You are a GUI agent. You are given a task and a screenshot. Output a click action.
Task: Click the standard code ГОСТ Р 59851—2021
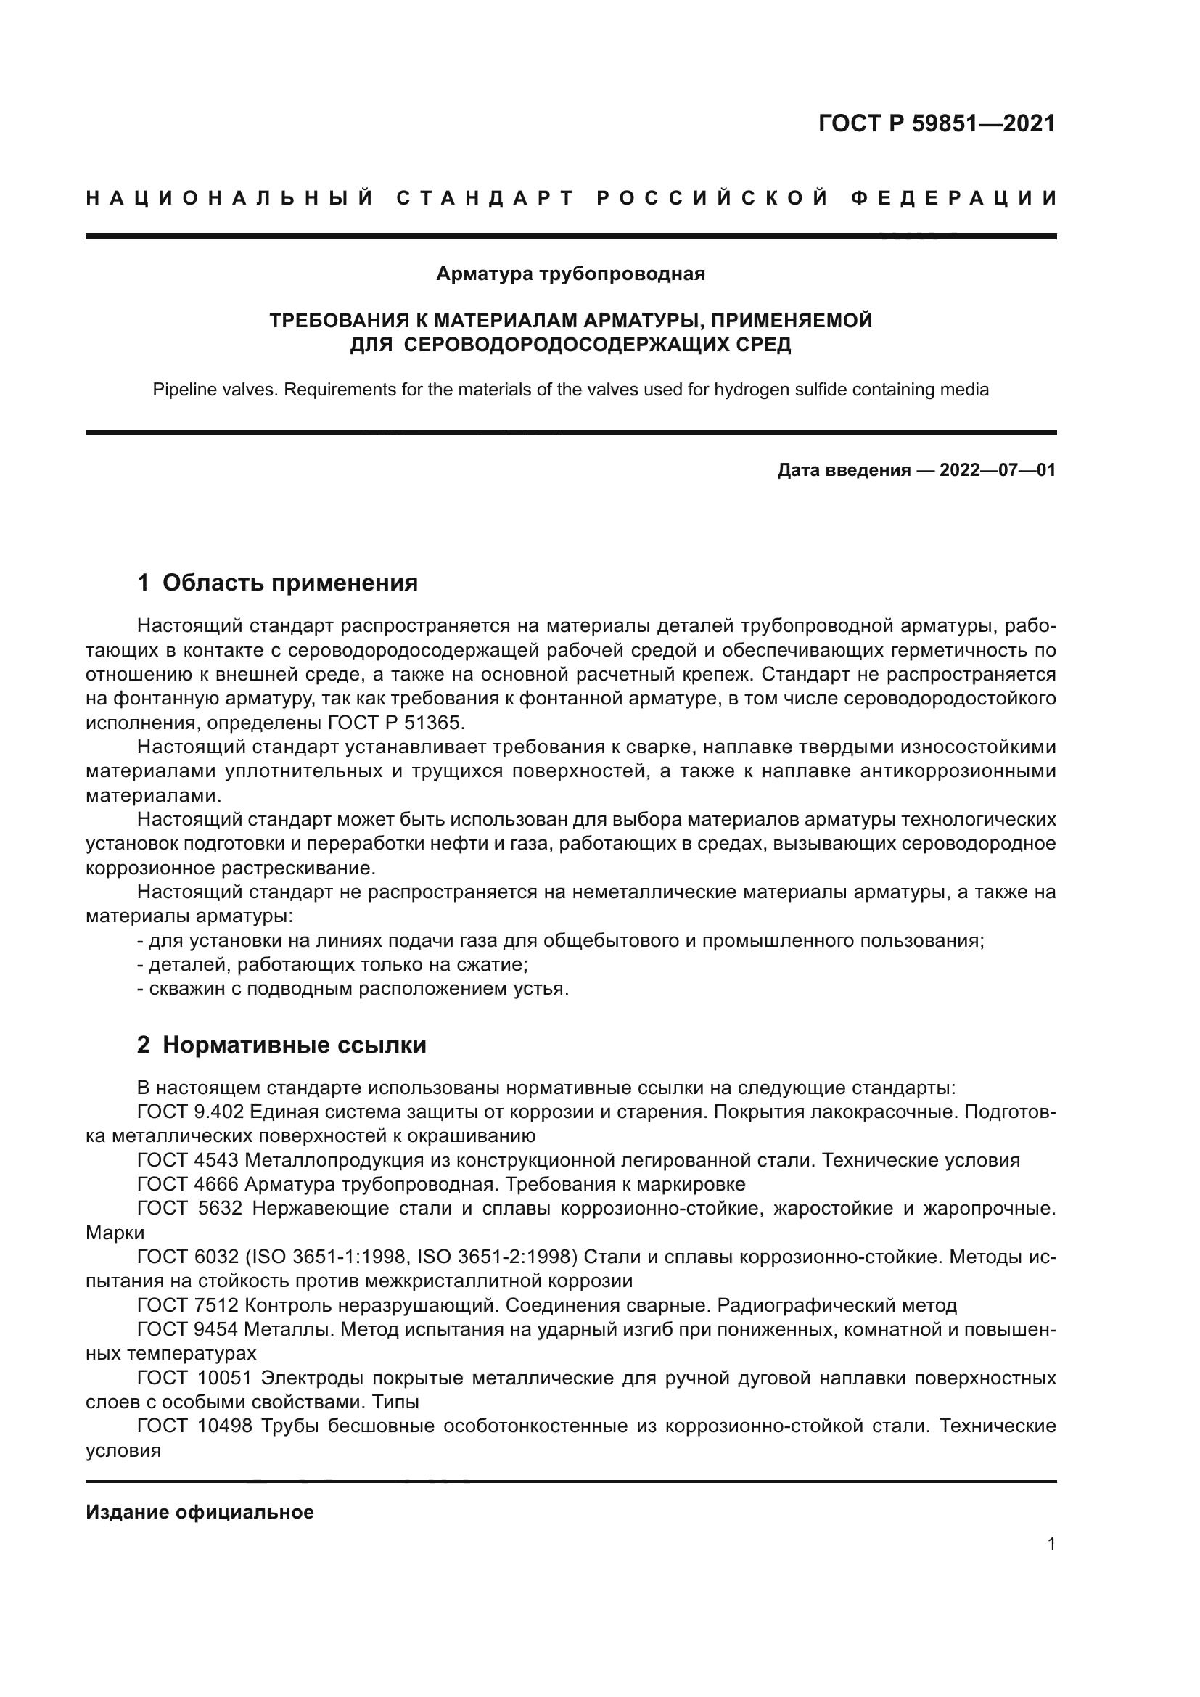point(936,123)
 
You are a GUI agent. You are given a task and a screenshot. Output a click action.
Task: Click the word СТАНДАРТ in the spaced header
point(485,198)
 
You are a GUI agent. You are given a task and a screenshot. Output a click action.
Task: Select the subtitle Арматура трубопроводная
point(570,274)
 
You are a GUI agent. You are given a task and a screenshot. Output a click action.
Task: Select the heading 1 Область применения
point(278,583)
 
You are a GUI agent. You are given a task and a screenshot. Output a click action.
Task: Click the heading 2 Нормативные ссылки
point(281,1045)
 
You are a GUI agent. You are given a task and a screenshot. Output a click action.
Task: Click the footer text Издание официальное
point(200,1512)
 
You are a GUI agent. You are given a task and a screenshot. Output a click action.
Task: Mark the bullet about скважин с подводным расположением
point(353,989)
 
